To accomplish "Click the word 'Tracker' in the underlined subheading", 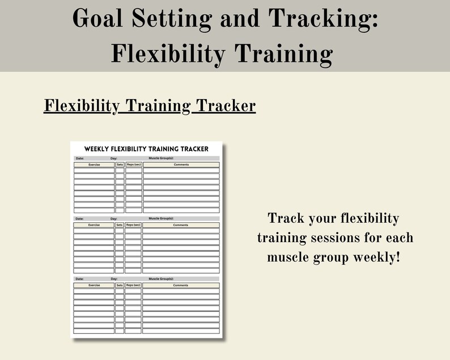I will point(224,106).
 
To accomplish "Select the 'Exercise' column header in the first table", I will point(94,165).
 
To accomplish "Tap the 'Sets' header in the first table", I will point(120,165).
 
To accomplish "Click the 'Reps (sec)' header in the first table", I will point(134,165).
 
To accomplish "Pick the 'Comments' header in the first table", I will point(181,165).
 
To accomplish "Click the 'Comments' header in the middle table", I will point(181,225).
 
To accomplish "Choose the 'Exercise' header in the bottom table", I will point(94,285).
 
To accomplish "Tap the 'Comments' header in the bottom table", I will point(181,285).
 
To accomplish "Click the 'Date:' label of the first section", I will point(79,158).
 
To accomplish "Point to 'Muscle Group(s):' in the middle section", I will point(161,218).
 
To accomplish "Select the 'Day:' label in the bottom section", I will point(114,279).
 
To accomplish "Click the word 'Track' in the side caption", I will point(286,219).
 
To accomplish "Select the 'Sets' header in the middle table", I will point(120,225).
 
